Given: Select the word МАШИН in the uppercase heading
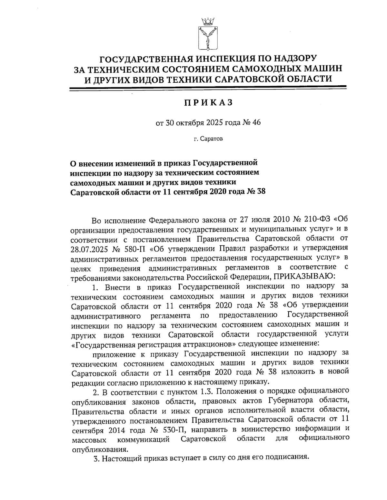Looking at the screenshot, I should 317,69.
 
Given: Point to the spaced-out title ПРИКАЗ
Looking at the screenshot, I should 208,103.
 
